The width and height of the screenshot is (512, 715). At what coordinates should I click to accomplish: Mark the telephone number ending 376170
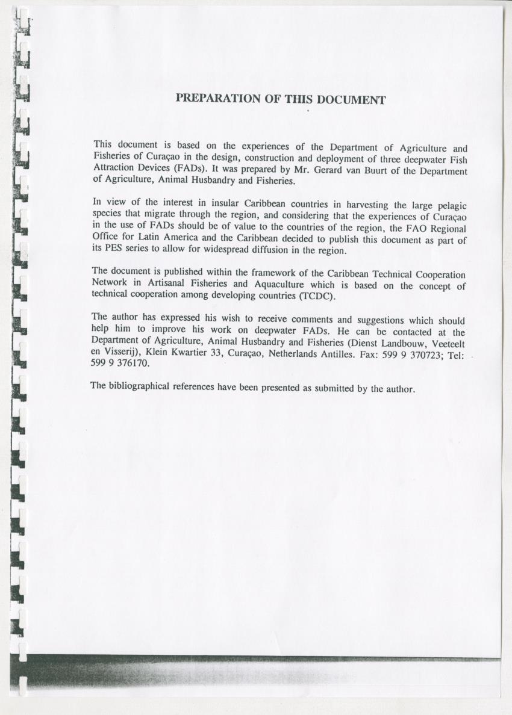(x=120, y=364)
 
